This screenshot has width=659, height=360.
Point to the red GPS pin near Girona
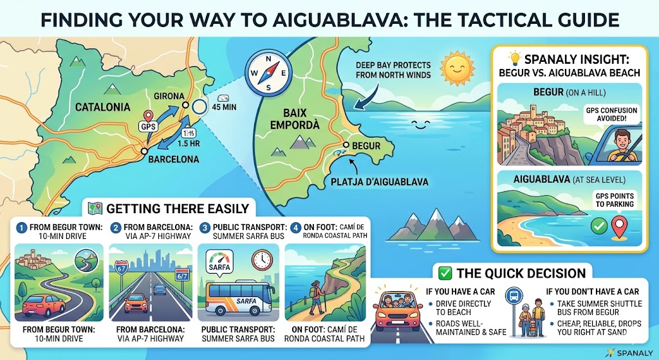149,118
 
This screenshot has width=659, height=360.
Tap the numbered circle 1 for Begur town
21,227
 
